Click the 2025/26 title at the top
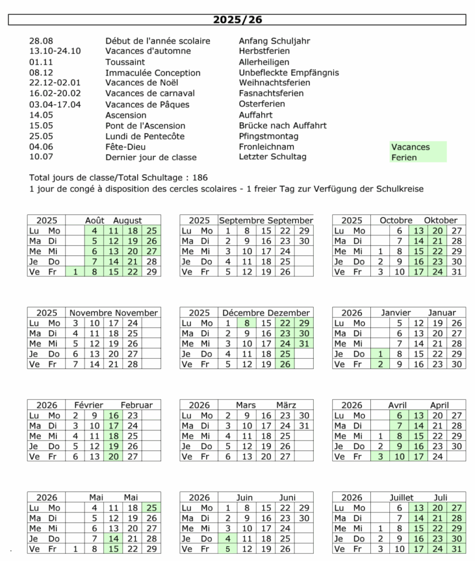click(x=237, y=20)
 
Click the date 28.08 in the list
click(x=41, y=41)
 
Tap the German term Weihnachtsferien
click(x=275, y=83)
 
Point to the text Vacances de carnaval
click(x=150, y=93)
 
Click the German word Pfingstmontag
click(x=269, y=136)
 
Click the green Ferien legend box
click(x=418, y=157)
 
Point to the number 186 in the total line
click(x=200, y=178)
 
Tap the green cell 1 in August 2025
click(x=75, y=272)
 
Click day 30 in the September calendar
click(x=304, y=241)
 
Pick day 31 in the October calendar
click(x=457, y=272)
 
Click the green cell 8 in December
click(x=247, y=323)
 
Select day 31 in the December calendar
click(x=304, y=344)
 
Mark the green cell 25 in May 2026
click(x=152, y=508)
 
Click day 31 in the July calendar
click(x=457, y=549)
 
